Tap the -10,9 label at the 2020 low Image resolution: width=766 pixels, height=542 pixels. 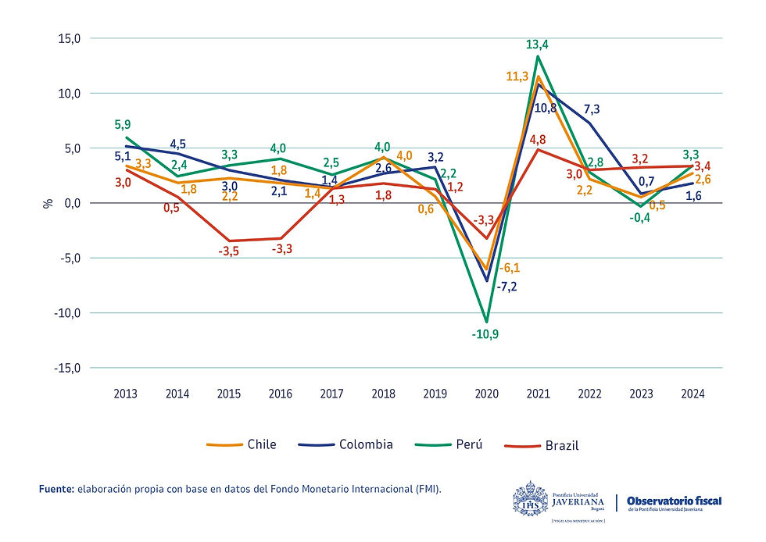[487, 333]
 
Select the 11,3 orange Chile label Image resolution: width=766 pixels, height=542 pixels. [518, 77]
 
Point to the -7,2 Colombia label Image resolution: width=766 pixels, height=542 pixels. [506, 287]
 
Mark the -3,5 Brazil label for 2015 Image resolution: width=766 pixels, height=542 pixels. [230, 251]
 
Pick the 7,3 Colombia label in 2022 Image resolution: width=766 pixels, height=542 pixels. [592, 109]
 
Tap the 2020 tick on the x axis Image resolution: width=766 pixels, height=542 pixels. [486, 394]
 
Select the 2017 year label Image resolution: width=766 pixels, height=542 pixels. [332, 394]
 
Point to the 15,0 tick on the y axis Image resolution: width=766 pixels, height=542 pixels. [68, 38]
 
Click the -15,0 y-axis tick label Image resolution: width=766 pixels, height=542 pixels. [66, 368]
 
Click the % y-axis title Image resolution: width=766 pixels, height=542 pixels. [46, 203]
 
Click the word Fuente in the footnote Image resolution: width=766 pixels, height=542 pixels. [56, 489]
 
